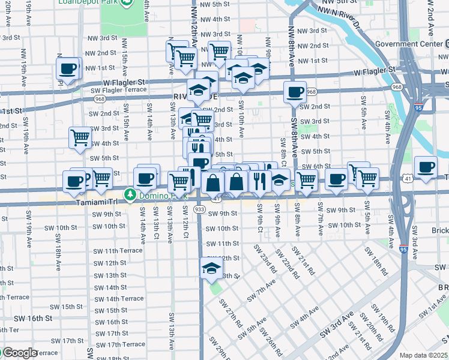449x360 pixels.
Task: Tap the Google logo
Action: pos(19,353)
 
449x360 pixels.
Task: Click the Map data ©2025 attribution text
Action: pos(423,355)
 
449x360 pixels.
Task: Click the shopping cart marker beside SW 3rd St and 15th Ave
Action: pos(80,137)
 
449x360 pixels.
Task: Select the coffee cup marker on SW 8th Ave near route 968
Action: pos(295,92)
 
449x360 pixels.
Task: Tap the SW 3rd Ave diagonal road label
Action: pos(336,325)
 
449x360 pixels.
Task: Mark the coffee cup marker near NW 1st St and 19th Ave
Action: pos(68,68)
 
